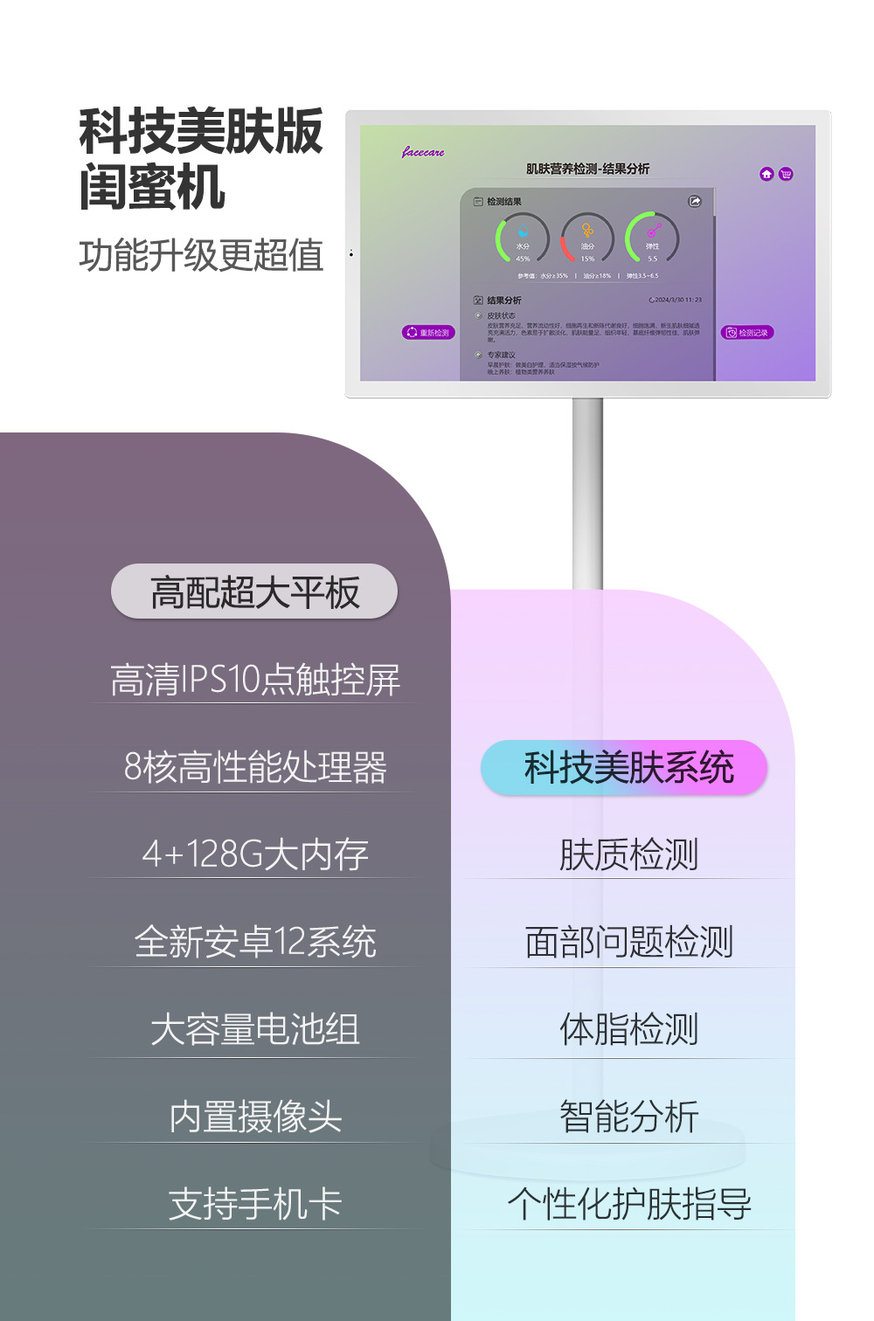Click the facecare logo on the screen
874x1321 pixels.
[423, 152]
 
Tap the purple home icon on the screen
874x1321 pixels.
[766, 174]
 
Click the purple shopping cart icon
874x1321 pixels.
[786, 174]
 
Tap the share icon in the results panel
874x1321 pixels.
[695, 202]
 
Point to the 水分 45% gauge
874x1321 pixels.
[523, 239]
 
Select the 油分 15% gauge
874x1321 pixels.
[587, 239]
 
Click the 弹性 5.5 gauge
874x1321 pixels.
[652, 239]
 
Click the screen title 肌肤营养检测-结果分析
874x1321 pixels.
[587, 169]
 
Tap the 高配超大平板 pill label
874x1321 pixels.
[254, 592]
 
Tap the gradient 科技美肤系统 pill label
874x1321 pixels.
[624, 768]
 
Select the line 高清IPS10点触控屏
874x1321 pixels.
[254, 680]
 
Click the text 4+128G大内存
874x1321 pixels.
[254, 854]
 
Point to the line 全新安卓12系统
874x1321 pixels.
[254, 942]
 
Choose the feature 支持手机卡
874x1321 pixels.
[254, 1204]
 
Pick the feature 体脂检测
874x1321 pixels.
[628, 1029]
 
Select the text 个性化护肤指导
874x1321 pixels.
[628, 1204]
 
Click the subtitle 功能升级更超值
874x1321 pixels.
[201, 255]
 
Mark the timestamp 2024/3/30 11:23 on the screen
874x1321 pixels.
[676, 300]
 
